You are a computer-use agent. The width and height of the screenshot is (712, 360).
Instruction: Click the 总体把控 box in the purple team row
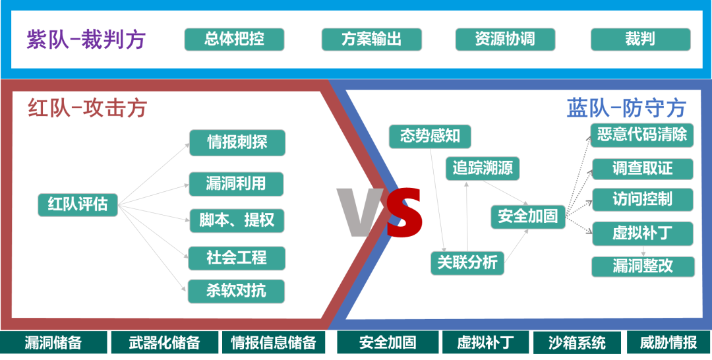tap(234, 39)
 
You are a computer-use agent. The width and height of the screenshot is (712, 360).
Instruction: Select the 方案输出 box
tap(371, 39)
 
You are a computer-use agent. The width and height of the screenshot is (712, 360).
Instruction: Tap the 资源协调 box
tap(505, 39)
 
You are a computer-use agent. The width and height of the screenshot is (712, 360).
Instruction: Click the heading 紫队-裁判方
tap(86, 40)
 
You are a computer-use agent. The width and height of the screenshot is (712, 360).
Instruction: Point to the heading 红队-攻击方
tap(87, 107)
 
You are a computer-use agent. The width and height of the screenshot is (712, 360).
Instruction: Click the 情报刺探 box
tap(237, 142)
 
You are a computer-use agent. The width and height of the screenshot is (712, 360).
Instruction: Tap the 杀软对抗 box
tap(236, 291)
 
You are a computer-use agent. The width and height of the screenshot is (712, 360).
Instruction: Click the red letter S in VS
tap(403, 212)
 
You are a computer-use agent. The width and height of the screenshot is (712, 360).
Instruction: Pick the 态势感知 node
tap(430, 136)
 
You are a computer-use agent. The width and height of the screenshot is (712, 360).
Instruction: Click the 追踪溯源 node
tap(482, 168)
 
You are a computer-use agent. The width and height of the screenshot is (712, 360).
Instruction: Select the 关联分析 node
tap(467, 262)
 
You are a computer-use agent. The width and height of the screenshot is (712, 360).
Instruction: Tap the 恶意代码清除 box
tap(641, 135)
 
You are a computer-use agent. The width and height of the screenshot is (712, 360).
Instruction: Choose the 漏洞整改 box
tap(643, 266)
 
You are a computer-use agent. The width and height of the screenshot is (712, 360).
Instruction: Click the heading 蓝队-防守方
tap(626, 107)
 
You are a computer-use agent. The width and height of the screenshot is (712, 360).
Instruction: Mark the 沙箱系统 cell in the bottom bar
tap(577, 343)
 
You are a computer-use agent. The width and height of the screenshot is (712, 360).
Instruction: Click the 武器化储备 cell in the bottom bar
tap(163, 343)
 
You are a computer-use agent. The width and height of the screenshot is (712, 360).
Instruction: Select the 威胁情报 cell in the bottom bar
tap(668, 343)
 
